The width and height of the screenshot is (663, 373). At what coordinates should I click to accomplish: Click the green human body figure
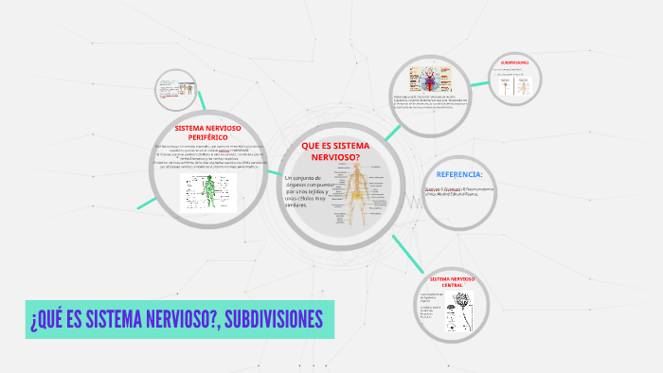click(x=208, y=193)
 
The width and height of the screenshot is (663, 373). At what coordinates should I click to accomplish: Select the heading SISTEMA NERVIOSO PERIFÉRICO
click(x=208, y=132)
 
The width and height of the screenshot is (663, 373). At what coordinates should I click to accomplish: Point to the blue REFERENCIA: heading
click(x=459, y=175)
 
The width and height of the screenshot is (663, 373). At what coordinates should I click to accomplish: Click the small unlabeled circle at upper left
click(x=176, y=91)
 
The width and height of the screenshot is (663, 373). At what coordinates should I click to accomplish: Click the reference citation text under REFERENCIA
click(x=459, y=192)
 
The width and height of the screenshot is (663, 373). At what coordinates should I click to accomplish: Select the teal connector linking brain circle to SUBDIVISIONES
click(x=479, y=83)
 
